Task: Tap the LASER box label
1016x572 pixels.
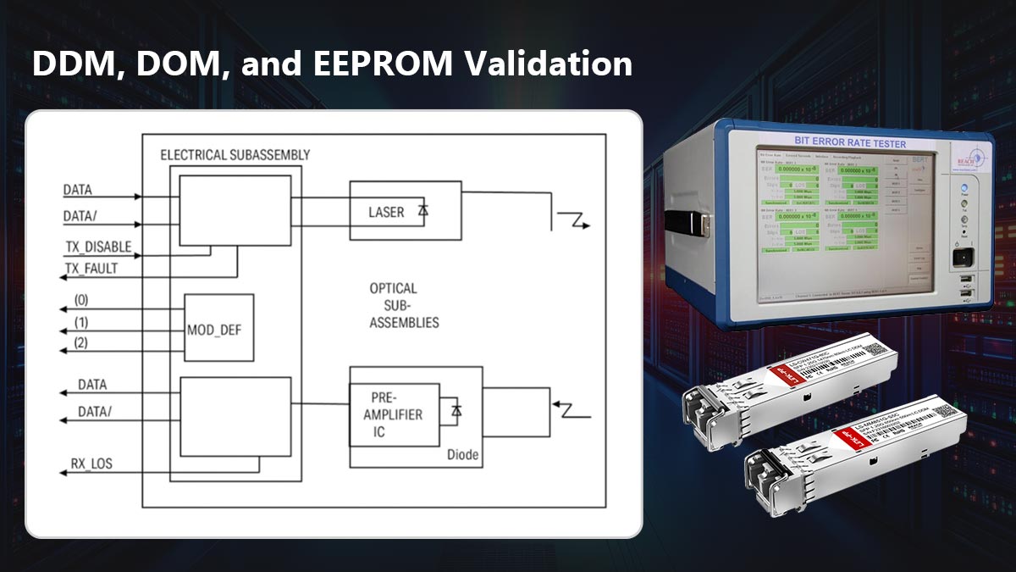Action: (x=386, y=211)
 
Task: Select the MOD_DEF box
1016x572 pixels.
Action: (x=219, y=328)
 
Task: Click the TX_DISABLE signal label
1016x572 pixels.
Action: (x=98, y=247)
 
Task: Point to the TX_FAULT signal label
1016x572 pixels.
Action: (x=91, y=269)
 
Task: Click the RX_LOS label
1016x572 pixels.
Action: (x=91, y=464)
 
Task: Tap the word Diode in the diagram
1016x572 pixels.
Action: (x=462, y=455)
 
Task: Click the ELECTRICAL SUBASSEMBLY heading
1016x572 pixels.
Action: (x=235, y=155)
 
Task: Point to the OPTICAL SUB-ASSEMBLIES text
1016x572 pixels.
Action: (x=404, y=305)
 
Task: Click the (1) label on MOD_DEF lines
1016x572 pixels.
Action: (x=81, y=323)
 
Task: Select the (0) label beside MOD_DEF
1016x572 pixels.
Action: (x=81, y=300)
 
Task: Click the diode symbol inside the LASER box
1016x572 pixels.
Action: (x=422, y=211)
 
